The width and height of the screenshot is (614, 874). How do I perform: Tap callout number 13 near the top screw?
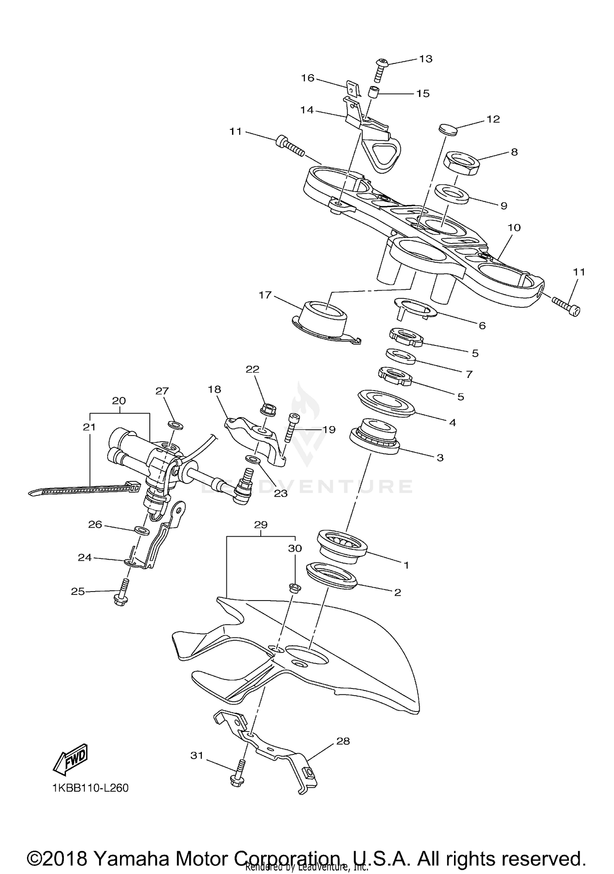tap(426, 59)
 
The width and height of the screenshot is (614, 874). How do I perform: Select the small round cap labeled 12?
tap(446, 129)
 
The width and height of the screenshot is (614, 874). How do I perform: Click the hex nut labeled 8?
tap(461, 163)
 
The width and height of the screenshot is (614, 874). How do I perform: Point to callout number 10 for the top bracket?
tap(514, 228)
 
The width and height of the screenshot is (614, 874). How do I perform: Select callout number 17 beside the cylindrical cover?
tap(265, 295)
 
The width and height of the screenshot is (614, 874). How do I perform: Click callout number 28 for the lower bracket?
tap(343, 741)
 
